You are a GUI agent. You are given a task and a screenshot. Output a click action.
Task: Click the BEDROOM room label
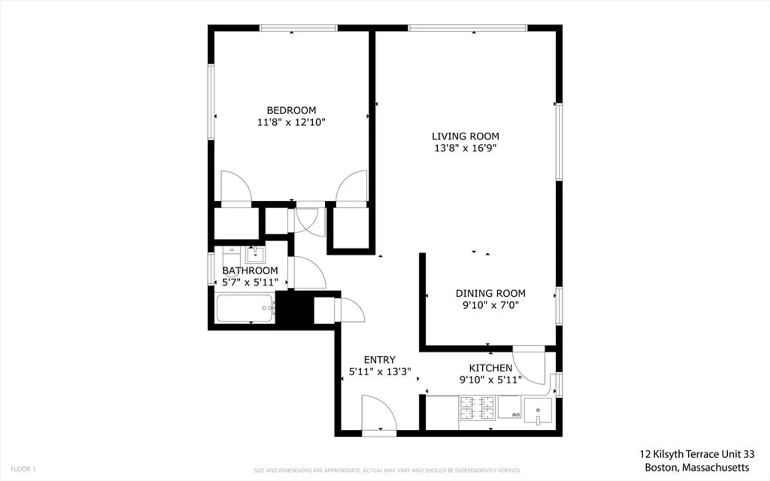pos(291,110)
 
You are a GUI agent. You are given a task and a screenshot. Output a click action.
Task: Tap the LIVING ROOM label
pos(465,136)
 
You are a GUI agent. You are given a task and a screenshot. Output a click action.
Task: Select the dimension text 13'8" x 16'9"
pos(465,148)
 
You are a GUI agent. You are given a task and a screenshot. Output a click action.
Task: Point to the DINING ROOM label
pos(491,293)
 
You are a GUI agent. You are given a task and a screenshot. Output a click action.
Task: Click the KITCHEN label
pos(491,368)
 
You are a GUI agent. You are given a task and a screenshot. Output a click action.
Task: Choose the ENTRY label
pos(379,360)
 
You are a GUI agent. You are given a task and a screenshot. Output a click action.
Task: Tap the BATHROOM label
pos(250,271)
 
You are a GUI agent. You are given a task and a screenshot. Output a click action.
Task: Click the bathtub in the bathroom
pos(245,308)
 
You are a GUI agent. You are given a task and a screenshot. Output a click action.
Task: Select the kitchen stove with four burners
pos(477,408)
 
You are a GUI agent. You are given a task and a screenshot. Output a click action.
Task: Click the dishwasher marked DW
pos(509,407)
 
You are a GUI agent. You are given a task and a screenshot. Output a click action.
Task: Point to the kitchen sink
pos(538,411)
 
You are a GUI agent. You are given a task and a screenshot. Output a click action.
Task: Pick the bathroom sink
pos(255,255)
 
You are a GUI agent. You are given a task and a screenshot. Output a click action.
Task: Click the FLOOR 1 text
pos(23,469)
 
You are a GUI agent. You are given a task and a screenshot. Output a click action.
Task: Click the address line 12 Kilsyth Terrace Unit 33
pos(697,454)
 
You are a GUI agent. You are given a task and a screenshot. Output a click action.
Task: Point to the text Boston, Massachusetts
pos(697,468)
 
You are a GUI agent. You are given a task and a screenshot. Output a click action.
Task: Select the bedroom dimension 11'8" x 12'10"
pos(291,122)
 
